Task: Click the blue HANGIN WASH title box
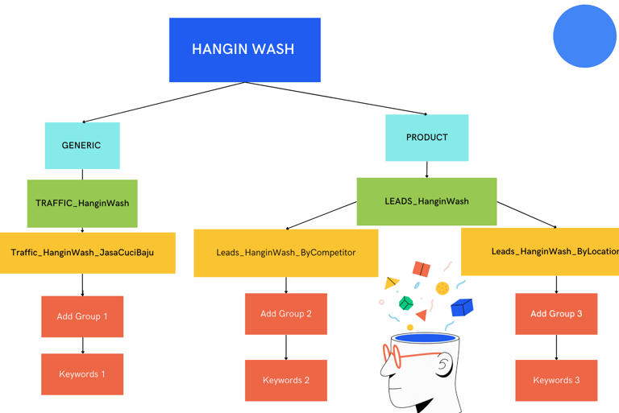244,50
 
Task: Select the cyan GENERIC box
82,146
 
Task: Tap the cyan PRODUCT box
426,138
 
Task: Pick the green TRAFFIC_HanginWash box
82,204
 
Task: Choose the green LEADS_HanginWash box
426,201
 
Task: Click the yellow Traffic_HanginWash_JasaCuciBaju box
87,253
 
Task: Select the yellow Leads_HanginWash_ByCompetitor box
285,253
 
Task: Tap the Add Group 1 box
82,316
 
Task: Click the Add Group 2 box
285,314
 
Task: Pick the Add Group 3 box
556,314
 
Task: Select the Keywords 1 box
82,374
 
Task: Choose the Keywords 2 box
285,380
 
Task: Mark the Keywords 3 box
556,380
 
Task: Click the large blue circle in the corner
584,36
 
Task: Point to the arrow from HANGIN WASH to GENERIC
161,102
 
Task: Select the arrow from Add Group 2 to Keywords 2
286,347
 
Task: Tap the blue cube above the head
461,307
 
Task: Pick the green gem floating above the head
406,303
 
